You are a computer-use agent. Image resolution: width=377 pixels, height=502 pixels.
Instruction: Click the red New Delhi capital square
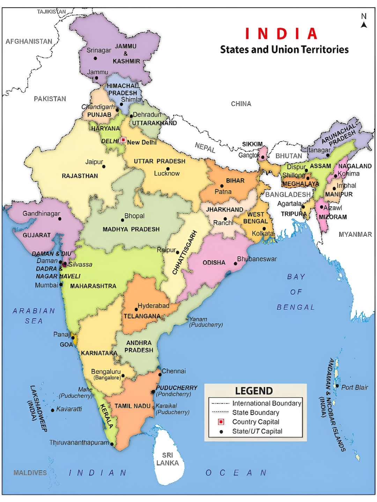click(x=123, y=140)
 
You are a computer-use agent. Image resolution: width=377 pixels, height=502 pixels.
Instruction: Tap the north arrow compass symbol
click(x=364, y=21)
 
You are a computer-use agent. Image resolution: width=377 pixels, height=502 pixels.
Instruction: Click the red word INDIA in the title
click(x=281, y=34)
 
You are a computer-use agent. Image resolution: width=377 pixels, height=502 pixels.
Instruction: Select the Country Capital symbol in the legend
click(x=221, y=422)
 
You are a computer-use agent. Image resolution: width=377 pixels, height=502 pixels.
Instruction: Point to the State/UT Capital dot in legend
click(x=221, y=432)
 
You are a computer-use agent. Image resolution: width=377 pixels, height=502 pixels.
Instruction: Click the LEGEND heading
click(x=254, y=391)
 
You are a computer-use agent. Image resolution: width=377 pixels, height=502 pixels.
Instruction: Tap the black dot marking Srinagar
click(x=95, y=58)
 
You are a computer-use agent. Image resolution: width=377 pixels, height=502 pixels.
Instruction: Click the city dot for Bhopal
click(x=123, y=220)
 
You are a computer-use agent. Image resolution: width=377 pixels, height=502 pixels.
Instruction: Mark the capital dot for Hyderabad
click(x=136, y=309)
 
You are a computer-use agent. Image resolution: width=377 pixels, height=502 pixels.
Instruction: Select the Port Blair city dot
click(x=337, y=386)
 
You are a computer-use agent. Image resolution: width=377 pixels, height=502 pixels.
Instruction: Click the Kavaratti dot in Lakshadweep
click(x=53, y=410)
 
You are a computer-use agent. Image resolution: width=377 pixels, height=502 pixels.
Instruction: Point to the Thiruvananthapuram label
click(x=79, y=443)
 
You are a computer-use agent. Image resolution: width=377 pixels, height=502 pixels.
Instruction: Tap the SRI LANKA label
click(x=168, y=459)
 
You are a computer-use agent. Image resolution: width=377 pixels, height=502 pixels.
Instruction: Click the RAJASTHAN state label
click(x=80, y=176)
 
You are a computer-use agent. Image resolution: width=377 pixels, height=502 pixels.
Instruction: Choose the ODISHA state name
click(x=214, y=263)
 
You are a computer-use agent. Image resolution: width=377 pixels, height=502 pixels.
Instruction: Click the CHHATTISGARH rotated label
click(x=185, y=252)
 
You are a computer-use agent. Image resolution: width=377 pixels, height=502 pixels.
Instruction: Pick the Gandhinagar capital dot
click(x=60, y=219)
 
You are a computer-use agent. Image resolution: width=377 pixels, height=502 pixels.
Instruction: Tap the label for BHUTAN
click(x=289, y=156)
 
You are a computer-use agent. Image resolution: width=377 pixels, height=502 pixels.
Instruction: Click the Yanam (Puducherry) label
click(x=206, y=322)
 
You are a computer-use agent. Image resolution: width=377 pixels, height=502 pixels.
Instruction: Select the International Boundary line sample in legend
click(x=220, y=403)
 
